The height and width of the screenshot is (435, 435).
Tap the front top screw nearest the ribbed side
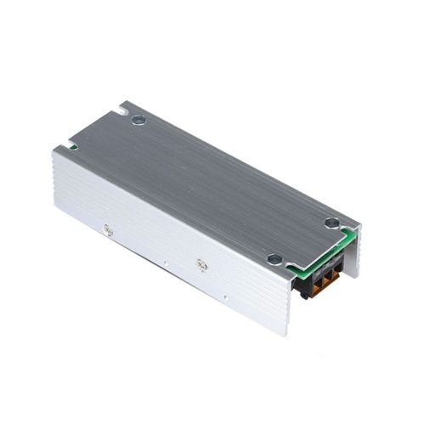[273, 260]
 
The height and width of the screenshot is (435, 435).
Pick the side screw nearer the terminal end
[201, 265]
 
